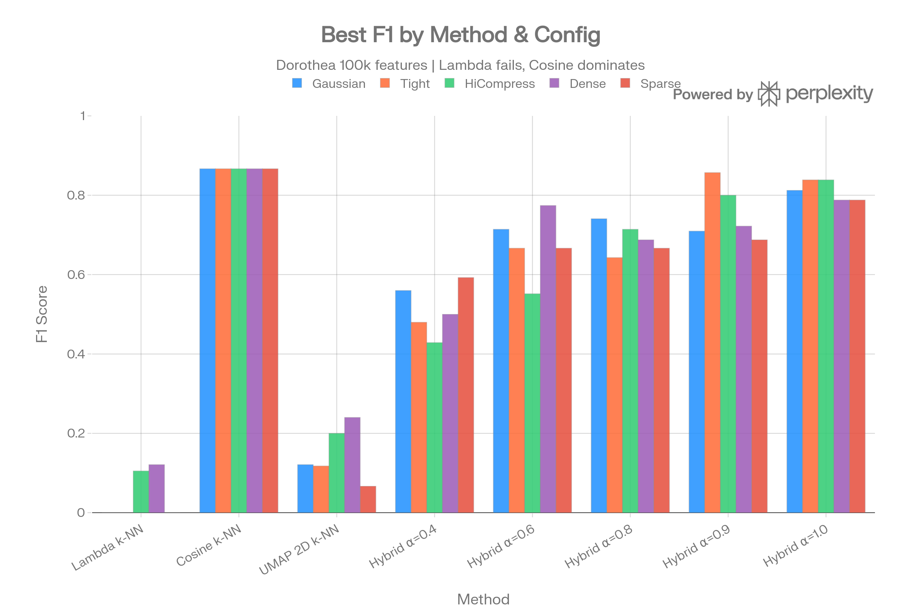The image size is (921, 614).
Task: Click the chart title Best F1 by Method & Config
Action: (x=460, y=35)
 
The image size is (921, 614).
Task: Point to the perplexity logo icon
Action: (x=769, y=94)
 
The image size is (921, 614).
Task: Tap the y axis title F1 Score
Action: (x=41, y=314)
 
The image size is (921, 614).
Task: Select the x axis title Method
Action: (x=483, y=599)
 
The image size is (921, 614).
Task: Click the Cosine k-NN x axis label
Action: (x=209, y=545)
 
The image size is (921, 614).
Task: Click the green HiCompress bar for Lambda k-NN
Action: (x=140, y=492)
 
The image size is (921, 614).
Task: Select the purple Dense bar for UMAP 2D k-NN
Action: (x=352, y=465)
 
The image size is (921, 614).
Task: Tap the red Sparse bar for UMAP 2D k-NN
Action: (x=368, y=499)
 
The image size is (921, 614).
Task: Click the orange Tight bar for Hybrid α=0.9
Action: (x=712, y=343)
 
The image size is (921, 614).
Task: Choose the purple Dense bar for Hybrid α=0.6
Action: (x=548, y=359)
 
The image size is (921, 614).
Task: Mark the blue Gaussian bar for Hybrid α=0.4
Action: (x=403, y=401)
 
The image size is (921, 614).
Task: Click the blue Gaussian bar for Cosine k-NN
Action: (x=207, y=341)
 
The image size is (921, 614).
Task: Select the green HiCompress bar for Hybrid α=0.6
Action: (x=532, y=403)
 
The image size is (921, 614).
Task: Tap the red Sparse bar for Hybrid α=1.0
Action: (x=858, y=357)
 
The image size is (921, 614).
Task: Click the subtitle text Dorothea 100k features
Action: (x=351, y=65)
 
